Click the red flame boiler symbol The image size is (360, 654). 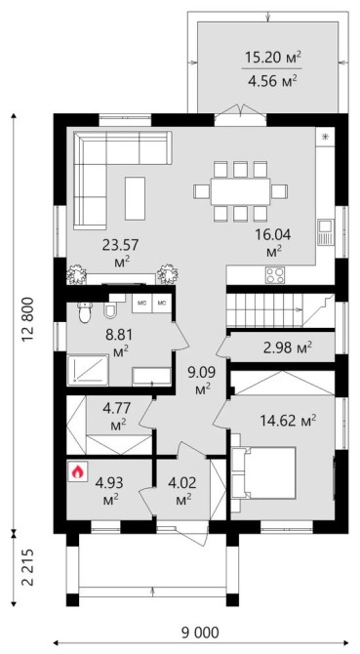[x=77, y=471]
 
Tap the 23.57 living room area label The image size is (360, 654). [x=120, y=252]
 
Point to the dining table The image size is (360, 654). [x=240, y=191]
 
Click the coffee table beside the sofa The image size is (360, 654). [x=135, y=198]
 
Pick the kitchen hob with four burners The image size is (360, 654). [x=276, y=275]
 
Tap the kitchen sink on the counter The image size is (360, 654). [x=325, y=232]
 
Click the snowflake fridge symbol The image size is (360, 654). [x=326, y=136]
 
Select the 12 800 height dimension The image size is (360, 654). [x=27, y=319]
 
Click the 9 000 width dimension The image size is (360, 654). [x=200, y=633]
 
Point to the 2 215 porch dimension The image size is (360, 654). [x=27, y=567]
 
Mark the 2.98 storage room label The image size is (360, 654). [x=288, y=347]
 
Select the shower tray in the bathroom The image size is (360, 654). [x=88, y=370]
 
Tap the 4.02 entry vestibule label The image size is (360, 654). [x=180, y=492]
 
